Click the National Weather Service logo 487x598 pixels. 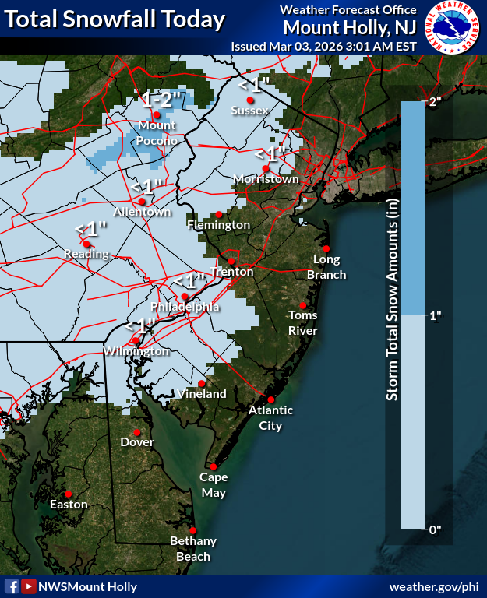click(x=453, y=28)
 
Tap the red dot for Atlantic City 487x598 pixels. click(x=271, y=399)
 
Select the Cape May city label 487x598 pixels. click(x=213, y=485)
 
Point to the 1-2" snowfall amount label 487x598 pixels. click(x=161, y=99)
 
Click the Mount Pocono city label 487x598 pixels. click(x=157, y=133)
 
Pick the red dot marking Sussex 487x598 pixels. click(x=251, y=100)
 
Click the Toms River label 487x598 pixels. click(x=302, y=323)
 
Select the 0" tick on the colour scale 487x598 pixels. click(x=436, y=529)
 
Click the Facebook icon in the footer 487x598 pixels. click(x=12, y=586)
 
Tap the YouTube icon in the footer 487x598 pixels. click(x=29, y=586)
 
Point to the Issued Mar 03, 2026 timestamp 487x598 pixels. click(x=324, y=46)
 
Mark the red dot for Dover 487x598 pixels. click(x=137, y=432)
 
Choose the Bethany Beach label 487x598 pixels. click(x=193, y=549)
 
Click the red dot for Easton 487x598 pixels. click(x=69, y=494)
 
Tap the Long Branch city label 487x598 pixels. click(x=326, y=267)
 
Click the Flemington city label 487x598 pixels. click(x=218, y=225)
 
